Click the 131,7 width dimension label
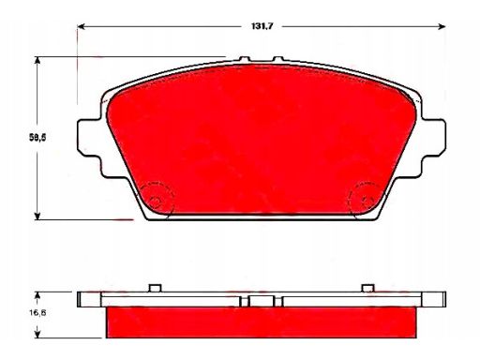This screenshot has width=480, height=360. pyautogui.click(x=262, y=26)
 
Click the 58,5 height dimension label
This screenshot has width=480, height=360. pyautogui.click(x=37, y=137)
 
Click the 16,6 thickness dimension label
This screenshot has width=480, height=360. pyautogui.click(x=37, y=312)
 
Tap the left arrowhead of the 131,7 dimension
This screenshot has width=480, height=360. pyautogui.click(x=82, y=26)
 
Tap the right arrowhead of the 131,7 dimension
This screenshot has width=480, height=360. pyautogui.click(x=442, y=26)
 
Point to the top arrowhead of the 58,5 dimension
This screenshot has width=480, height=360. pyautogui.click(x=37, y=61)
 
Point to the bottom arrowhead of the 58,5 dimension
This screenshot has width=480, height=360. pyautogui.click(x=37, y=216)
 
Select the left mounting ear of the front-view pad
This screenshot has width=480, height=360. pyautogui.click(x=89, y=137)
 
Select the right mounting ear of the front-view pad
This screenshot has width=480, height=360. pyautogui.click(x=433, y=137)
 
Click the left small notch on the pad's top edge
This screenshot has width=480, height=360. pyautogui.click(x=245, y=59)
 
